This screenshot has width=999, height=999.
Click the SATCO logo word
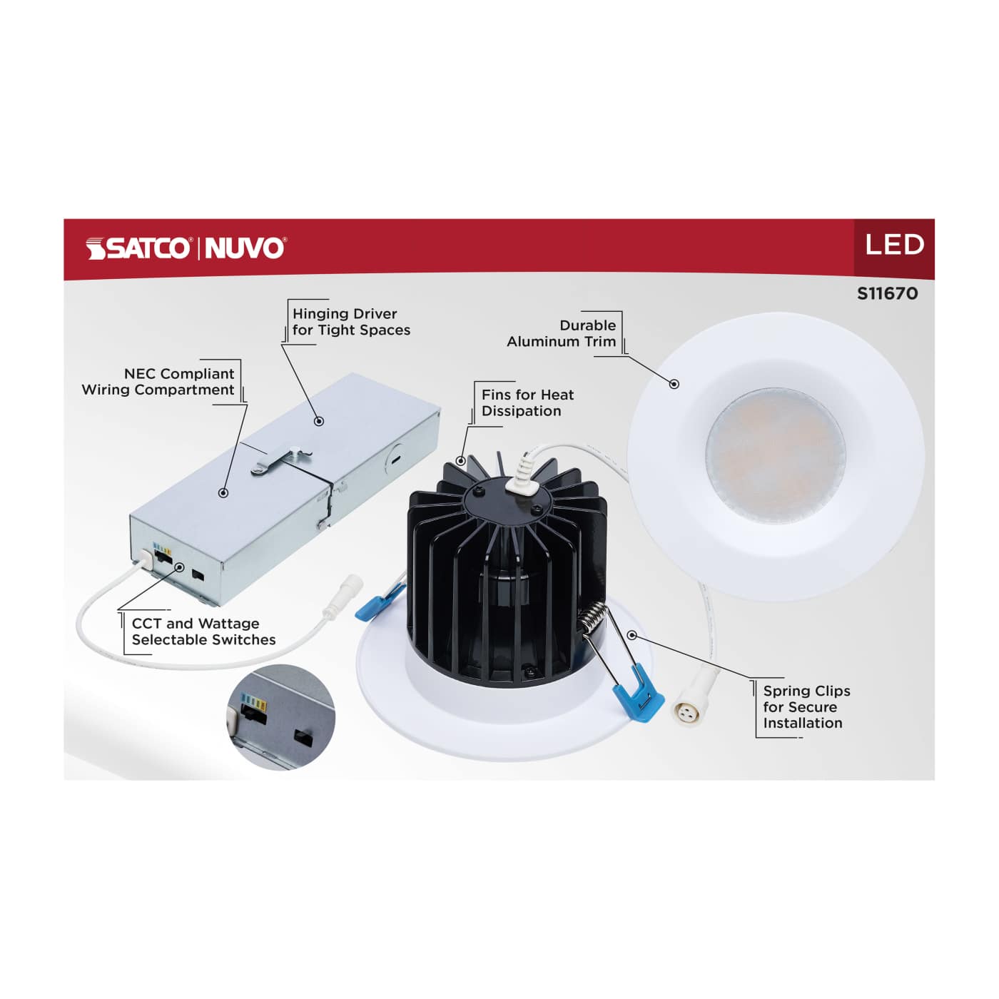(x=139, y=248)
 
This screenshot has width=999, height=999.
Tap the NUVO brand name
(x=245, y=248)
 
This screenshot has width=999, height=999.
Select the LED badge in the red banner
(x=894, y=245)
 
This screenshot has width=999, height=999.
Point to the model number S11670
(x=887, y=293)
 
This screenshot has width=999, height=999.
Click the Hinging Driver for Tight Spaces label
(x=351, y=322)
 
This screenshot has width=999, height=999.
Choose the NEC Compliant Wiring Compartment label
(x=158, y=382)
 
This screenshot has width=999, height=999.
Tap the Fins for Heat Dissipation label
(x=527, y=403)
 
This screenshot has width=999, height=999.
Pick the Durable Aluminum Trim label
(x=562, y=333)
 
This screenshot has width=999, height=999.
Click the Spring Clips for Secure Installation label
(x=806, y=706)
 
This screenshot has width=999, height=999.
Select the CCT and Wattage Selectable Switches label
(x=203, y=632)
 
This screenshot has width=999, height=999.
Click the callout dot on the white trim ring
(x=674, y=384)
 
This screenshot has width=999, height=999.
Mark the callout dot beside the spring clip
(x=632, y=634)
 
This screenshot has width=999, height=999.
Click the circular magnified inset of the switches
(x=281, y=716)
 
